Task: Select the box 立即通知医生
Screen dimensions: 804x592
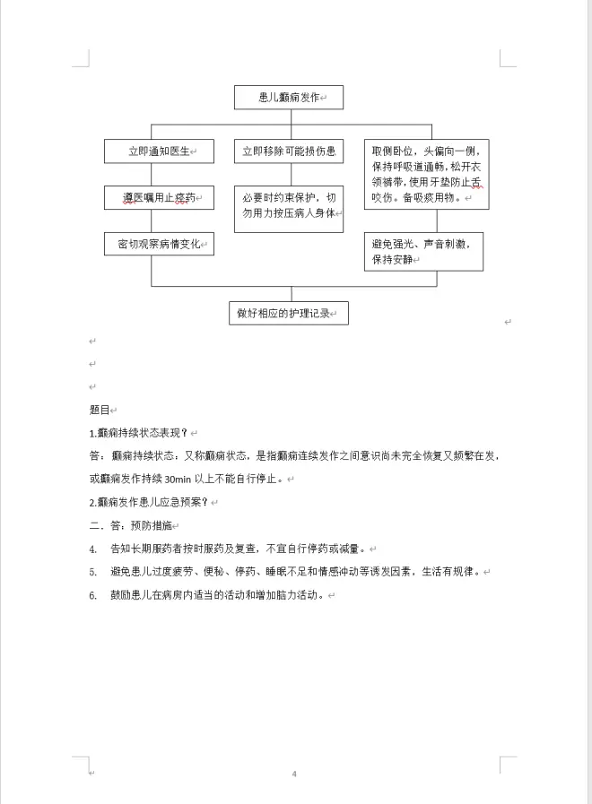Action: click(x=159, y=152)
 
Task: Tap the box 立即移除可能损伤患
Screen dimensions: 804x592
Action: click(x=288, y=152)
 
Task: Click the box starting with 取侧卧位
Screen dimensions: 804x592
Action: click(x=426, y=175)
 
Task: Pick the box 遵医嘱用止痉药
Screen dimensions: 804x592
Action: click(x=159, y=197)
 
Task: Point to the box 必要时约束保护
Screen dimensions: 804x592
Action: click(x=288, y=205)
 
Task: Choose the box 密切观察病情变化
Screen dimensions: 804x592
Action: click(x=159, y=244)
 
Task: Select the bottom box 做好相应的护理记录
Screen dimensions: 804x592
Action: click(x=287, y=313)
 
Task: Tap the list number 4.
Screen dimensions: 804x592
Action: click(x=92, y=549)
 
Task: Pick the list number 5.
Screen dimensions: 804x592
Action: click(x=92, y=572)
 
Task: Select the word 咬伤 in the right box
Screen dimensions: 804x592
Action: click(x=383, y=198)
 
